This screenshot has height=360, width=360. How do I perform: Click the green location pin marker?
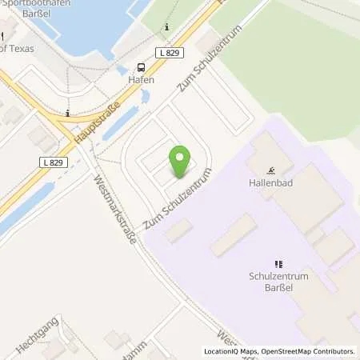(180, 162)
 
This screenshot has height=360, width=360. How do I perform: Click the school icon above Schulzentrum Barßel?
(278, 263)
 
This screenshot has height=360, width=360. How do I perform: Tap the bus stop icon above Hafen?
(142, 67)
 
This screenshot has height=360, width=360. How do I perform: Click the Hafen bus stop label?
(141, 80)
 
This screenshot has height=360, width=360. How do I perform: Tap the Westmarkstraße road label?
(117, 212)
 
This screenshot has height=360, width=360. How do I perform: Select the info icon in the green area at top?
(166, 27)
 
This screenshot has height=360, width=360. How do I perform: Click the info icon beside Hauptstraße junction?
(69, 113)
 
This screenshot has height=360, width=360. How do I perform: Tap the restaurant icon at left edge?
(2, 34)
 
